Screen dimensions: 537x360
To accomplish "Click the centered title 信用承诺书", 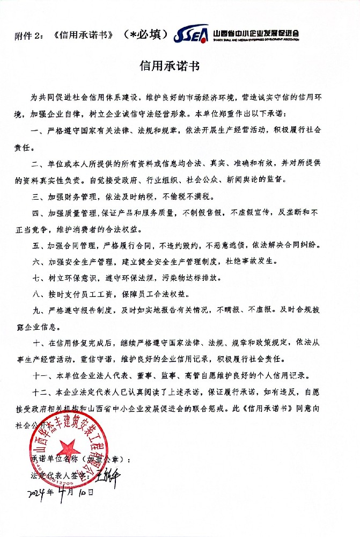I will coord(170,67).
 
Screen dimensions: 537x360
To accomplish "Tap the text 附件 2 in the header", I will coord(30,36).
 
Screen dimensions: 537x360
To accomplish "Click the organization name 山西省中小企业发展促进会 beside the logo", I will coord(256,34).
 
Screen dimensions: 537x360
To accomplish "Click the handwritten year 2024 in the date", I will coord(36,492).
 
